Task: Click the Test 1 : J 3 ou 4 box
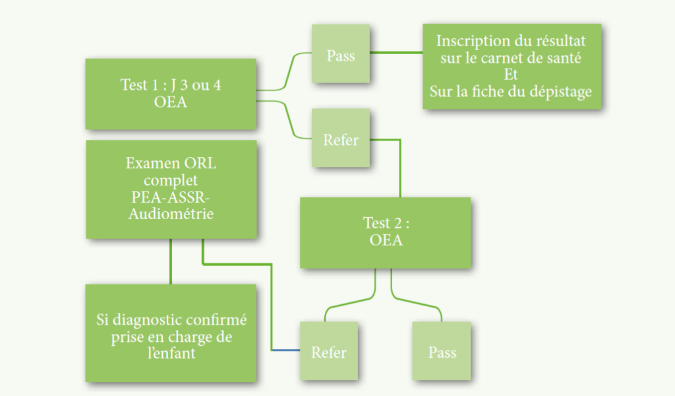(170, 94)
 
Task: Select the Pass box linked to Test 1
(341, 54)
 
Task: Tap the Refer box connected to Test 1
(341, 139)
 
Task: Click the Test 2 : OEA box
(385, 232)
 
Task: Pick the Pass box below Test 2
(442, 351)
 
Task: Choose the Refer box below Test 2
(328, 351)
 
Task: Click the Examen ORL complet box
(170, 189)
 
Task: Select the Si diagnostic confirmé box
(170, 333)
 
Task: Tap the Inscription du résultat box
(511, 66)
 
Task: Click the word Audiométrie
(171, 214)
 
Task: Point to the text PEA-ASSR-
(171, 197)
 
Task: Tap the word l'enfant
(171, 353)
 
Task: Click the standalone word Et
(511, 75)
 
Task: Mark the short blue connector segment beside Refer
(286, 349)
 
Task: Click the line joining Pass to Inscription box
(396, 51)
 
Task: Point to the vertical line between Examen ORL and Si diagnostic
(171, 261)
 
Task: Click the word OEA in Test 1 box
(170, 102)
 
